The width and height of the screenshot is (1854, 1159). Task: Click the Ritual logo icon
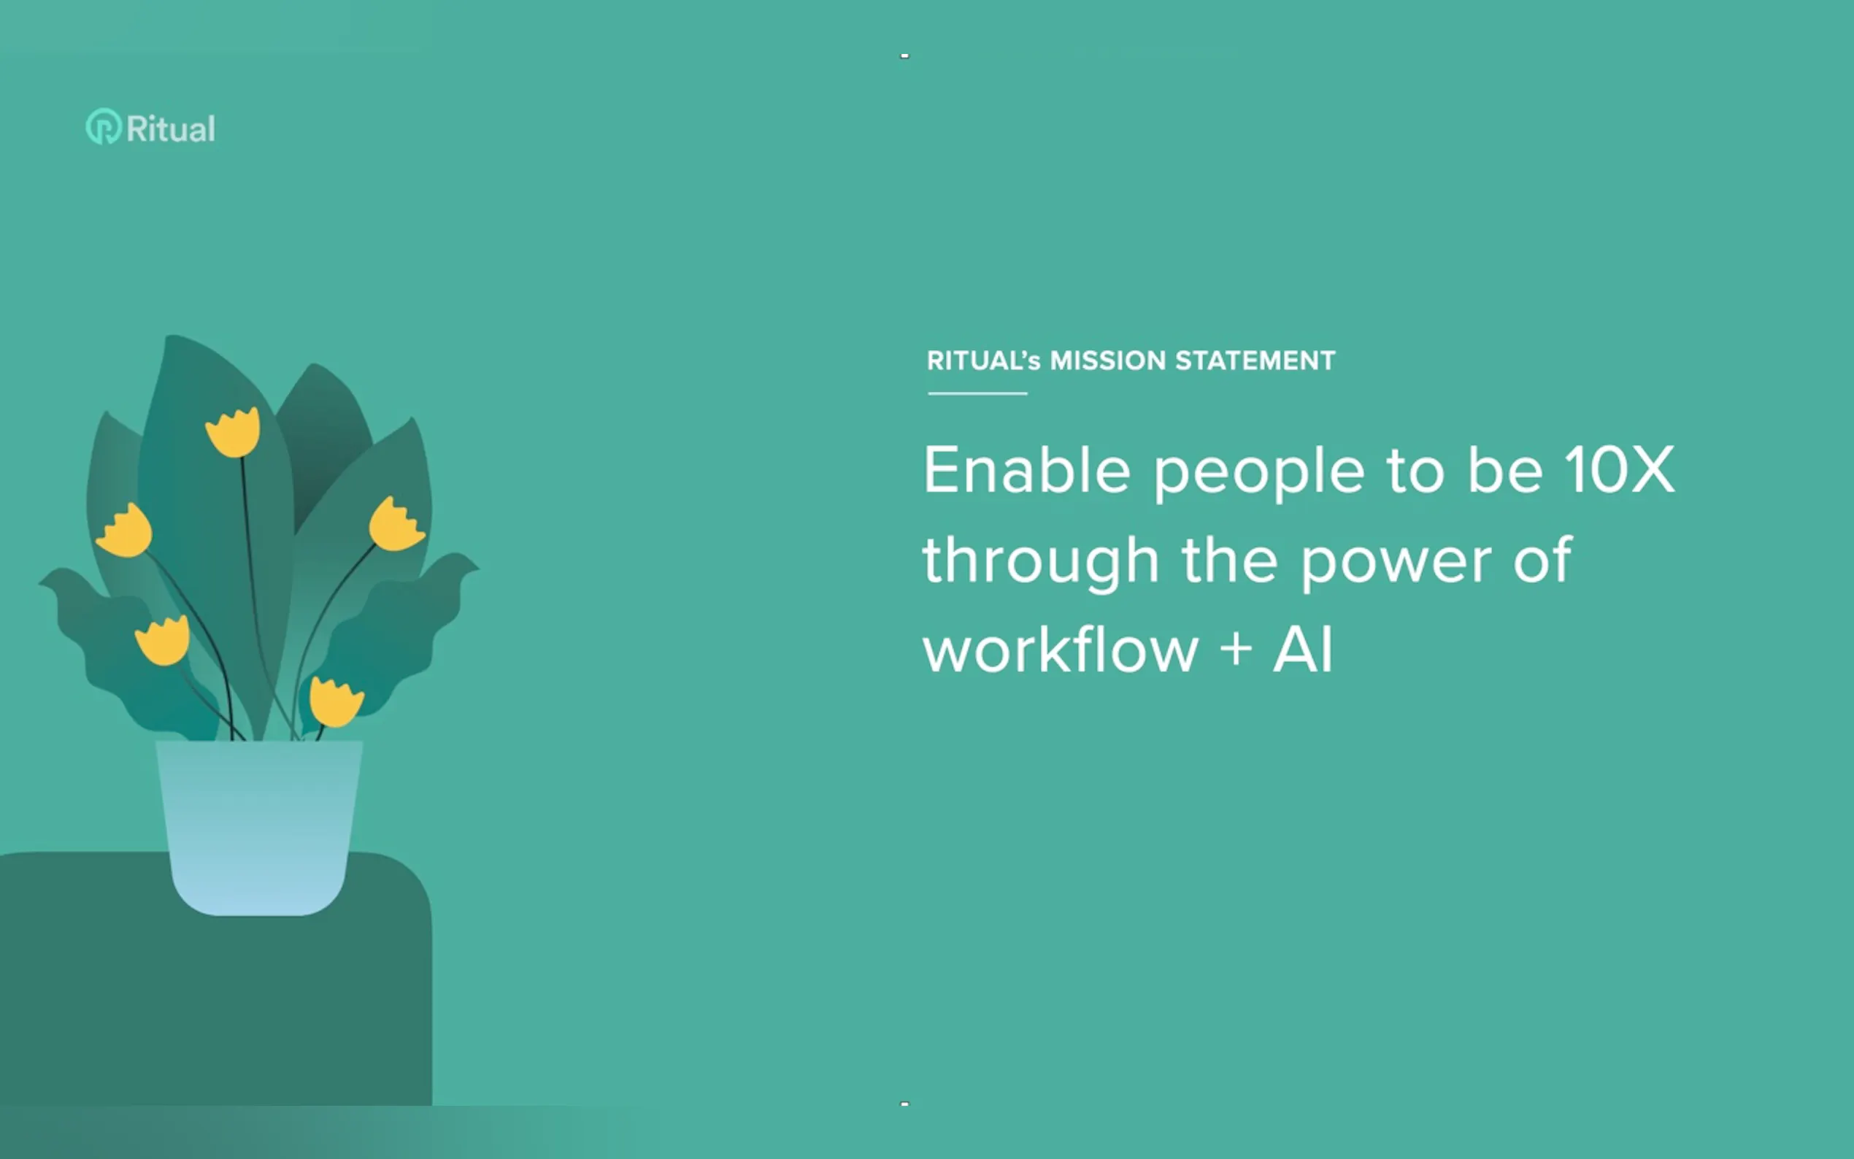pos(104,126)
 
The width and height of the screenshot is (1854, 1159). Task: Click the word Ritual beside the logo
pos(171,128)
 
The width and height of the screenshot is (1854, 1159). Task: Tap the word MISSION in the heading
pos(1107,361)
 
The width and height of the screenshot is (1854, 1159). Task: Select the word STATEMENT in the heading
pos(1255,361)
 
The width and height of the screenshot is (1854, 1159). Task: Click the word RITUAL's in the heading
pos(983,361)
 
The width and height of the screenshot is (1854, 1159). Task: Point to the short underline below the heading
pos(977,393)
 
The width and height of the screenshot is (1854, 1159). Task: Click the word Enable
pos(1026,469)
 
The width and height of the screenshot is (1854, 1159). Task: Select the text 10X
pos(1620,469)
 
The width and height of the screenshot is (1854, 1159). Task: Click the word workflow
pos(1060,649)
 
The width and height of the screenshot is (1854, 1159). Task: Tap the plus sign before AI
pos(1236,650)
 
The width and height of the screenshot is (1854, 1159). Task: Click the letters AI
pos(1303,650)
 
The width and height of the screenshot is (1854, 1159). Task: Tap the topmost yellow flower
pos(233,432)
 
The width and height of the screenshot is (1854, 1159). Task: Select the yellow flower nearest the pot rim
pos(334,701)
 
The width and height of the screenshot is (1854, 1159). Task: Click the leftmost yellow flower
pos(124,531)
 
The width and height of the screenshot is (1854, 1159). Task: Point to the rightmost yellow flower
pos(396,524)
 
